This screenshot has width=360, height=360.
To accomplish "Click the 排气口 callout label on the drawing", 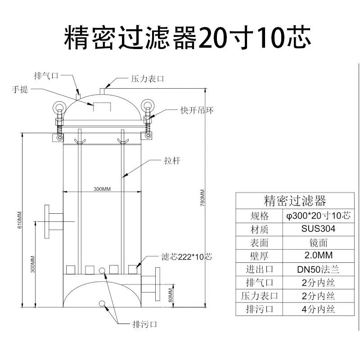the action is tap(46, 76).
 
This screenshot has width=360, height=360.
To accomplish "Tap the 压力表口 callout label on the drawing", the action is tap(148, 79).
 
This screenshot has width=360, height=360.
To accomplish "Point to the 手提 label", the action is tap(20, 89).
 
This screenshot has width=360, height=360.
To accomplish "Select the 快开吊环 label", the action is tap(197, 110).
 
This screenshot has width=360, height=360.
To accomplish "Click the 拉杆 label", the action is tap(172, 161).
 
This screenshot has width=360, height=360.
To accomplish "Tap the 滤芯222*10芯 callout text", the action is tap(187, 256).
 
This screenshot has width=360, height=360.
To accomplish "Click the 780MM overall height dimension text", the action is tap(202, 198).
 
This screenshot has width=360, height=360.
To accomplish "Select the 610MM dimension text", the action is tap(19, 220).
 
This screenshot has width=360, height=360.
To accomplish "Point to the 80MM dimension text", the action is tap(171, 295).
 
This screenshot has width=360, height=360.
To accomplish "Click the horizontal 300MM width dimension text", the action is tap(102, 189).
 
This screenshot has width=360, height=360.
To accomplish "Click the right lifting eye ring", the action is tap(148, 106).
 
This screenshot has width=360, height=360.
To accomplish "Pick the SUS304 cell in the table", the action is tap(318, 229).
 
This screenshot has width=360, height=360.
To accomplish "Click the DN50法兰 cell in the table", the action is tap(318, 269).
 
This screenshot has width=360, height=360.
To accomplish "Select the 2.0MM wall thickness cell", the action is tap(319, 255).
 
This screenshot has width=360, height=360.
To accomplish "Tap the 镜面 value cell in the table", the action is tap(318, 243).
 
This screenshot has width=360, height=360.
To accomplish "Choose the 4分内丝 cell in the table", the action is tap(318, 309).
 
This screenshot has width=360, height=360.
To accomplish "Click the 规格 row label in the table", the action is tap(259, 216).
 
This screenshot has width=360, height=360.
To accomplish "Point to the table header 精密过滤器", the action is tap(295, 201).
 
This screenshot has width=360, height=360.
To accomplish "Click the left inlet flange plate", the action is tap(47, 221).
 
